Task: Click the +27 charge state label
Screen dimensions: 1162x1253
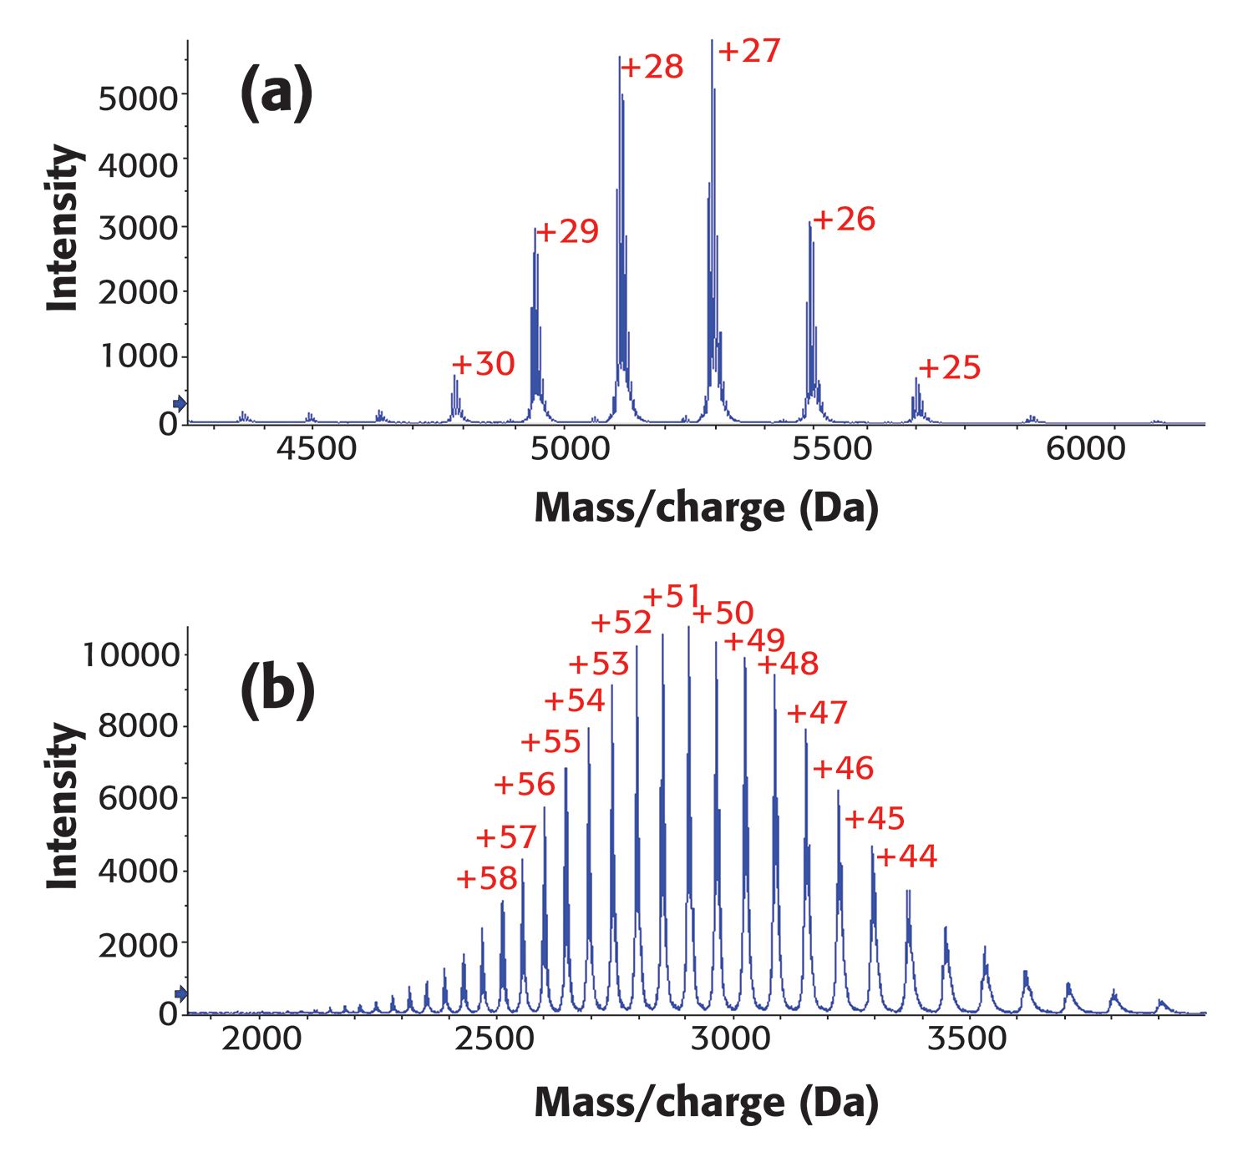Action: (x=749, y=52)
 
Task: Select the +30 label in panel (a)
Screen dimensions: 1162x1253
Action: (x=483, y=364)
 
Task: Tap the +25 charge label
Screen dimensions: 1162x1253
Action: (x=949, y=367)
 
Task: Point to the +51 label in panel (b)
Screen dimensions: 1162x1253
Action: (x=672, y=597)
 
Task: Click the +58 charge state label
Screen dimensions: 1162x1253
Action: (x=486, y=878)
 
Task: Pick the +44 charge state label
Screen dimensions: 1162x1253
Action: (x=906, y=856)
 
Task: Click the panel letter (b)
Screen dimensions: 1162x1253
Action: (x=277, y=691)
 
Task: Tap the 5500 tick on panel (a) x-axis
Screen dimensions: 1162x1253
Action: (x=831, y=449)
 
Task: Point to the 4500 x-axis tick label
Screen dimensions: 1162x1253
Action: (x=317, y=449)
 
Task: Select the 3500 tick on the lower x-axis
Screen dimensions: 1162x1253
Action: (x=968, y=1038)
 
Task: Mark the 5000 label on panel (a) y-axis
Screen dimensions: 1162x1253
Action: (x=138, y=99)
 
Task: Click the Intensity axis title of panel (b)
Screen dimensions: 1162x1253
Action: (x=63, y=806)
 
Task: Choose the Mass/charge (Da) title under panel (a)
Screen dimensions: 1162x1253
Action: (x=706, y=508)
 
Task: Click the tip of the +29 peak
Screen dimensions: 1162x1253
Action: (x=535, y=230)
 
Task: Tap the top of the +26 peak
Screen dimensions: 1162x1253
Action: (x=809, y=223)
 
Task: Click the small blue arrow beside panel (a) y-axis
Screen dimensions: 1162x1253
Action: (x=180, y=404)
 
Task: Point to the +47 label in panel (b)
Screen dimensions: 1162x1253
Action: (x=817, y=713)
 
